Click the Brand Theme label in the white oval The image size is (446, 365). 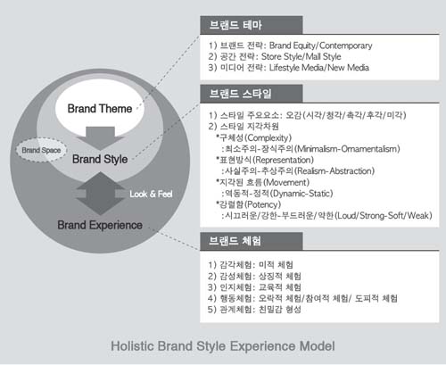tap(100, 109)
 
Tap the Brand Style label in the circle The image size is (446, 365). tap(100, 159)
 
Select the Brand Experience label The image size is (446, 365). tap(100, 225)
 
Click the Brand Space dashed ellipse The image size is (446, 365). tap(41, 150)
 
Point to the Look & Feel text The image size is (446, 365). tap(151, 195)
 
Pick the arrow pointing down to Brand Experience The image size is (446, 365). tap(100, 194)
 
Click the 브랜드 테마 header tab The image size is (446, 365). tap(252, 25)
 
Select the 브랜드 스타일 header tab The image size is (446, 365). tap(252, 94)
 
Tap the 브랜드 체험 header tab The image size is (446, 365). tap(252, 241)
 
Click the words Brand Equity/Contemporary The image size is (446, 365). tap(320, 46)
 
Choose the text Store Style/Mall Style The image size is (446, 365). tap(301, 56)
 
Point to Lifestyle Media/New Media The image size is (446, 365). tap(319, 68)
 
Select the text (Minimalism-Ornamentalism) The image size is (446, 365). tap(347, 149)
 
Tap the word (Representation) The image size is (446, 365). tap(283, 160)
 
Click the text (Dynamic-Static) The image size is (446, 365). tap(301, 194)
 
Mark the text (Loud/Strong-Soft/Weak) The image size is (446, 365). tap(384, 215)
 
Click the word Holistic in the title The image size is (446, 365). tap(132, 346)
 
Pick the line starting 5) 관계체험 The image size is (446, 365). tap(254, 310)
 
